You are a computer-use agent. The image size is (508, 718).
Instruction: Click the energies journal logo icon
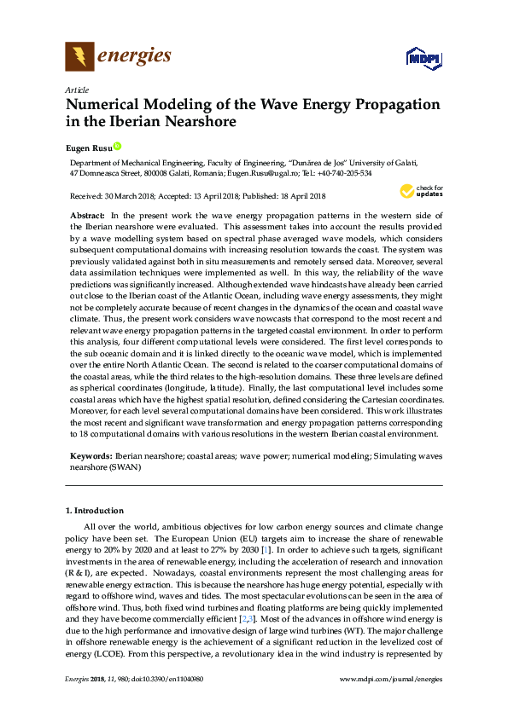(79, 57)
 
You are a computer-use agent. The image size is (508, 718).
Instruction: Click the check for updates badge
(418, 191)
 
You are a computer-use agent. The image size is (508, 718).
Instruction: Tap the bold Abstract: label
(86, 217)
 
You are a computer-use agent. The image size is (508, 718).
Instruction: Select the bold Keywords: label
(91, 456)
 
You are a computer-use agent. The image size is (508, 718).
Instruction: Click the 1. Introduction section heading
(95, 510)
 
